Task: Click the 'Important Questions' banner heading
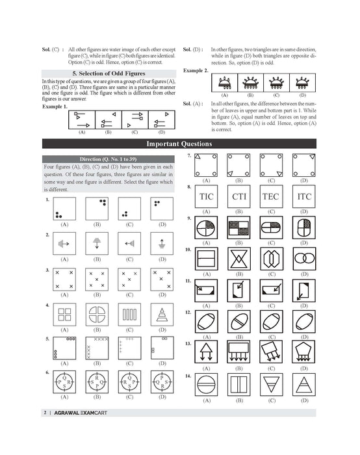(179, 144)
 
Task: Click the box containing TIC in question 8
(207, 196)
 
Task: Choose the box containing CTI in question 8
(238, 196)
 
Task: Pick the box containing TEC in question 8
(270, 196)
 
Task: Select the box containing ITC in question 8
(303, 196)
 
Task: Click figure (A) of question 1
(64, 209)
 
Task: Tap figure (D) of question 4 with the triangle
(162, 315)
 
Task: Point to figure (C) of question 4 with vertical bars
(130, 315)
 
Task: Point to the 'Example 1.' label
(55, 106)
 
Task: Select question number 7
(188, 157)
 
